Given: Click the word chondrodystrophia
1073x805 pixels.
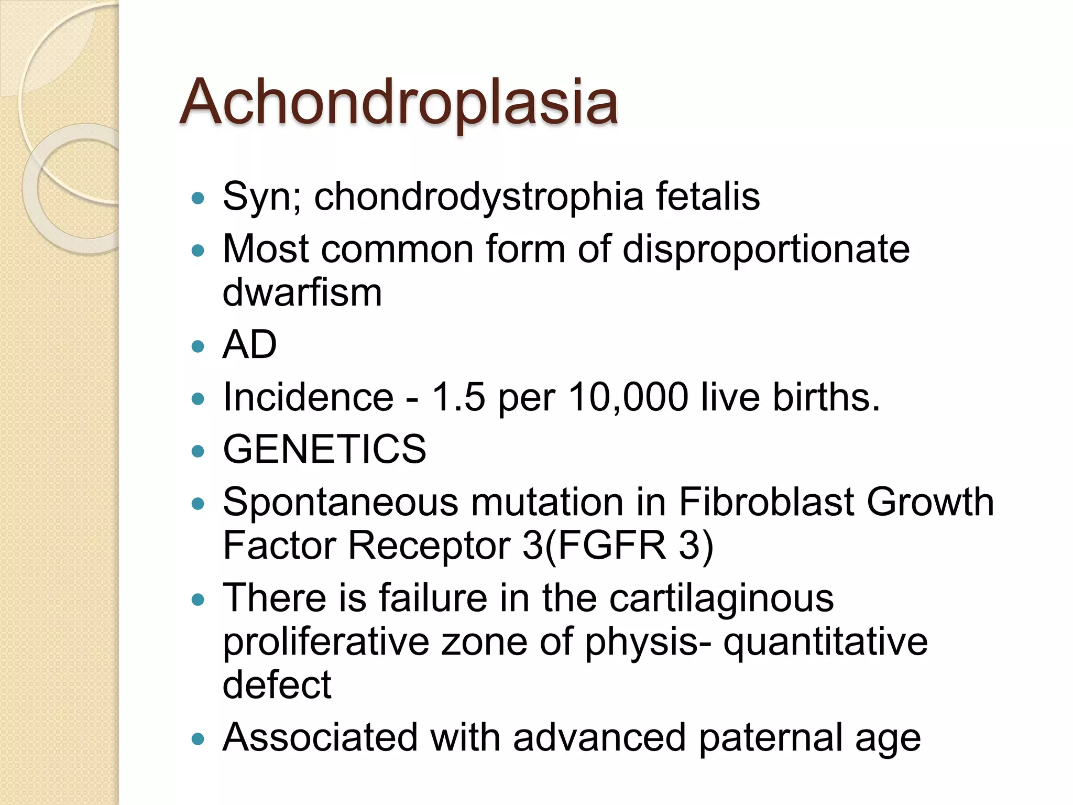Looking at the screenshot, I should coord(478,197).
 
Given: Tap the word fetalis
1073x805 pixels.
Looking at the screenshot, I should coord(708,196).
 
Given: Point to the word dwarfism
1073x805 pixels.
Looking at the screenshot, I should coord(302,292).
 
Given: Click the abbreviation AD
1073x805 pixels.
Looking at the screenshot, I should coord(249,345).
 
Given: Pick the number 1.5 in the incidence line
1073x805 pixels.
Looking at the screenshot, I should coord(458,397).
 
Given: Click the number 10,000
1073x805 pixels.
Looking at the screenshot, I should coord(628,397).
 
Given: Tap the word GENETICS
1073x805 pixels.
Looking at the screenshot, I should coord(324,449).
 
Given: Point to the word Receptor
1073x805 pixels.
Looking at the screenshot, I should coord(429,546).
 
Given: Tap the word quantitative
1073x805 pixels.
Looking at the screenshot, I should coord(826,642).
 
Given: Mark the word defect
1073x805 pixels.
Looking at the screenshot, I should coord(277,685).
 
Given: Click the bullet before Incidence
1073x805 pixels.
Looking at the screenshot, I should coord(198,399).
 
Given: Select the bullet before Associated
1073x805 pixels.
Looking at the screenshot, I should coord(198,739).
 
